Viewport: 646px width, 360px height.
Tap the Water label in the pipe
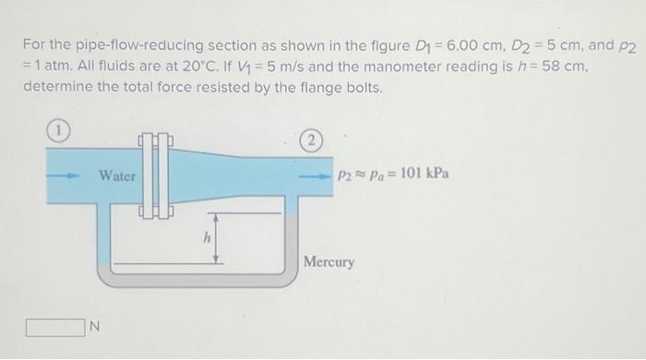click(117, 175)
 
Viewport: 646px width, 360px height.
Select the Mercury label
click(329, 262)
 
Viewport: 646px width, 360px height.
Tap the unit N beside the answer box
click(93, 326)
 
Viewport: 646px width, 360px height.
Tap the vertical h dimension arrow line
click(215, 238)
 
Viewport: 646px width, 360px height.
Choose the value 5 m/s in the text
click(307, 66)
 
